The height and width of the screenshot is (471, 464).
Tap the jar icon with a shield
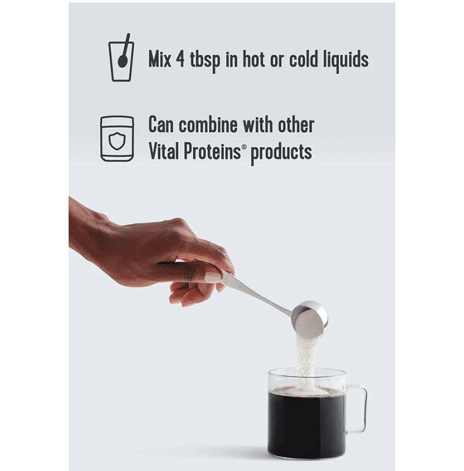[117, 139]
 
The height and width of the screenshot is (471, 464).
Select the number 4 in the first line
[189, 59]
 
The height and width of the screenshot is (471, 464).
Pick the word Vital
[165, 151]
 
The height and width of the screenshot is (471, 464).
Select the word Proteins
[217, 151]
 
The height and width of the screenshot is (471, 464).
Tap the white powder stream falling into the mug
[307, 360]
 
